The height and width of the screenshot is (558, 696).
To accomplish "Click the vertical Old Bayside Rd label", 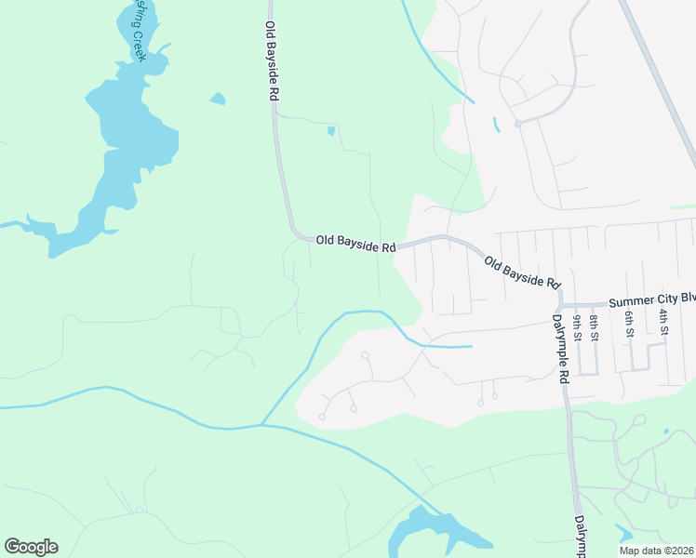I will (x=272, y=61).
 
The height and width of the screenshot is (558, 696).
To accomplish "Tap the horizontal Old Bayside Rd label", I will (x=355, y=241).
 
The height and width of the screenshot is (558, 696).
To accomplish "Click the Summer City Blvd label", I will (x=651, y=301).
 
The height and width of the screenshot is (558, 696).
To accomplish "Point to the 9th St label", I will (x=578, y=328).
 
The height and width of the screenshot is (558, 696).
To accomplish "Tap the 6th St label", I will (x=629, y=325).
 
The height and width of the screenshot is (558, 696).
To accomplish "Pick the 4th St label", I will (x=664, y=325).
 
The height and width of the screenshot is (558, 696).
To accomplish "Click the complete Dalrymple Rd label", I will (x=560, y=348).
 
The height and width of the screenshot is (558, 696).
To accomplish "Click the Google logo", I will (x=31, y=547).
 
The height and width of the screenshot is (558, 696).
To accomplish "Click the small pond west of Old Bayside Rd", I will (x=217, y=99).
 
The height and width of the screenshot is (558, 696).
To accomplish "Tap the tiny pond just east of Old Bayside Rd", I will (x=330, y=131).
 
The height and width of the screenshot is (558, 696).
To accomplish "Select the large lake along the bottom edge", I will (x=437, y=535).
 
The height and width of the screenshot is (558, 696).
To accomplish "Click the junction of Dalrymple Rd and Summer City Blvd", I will (x=561, y=305).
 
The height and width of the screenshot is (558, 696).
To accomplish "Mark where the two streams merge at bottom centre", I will (x=262, y=425).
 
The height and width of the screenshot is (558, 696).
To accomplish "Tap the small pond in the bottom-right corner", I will (x=622, y=534).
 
